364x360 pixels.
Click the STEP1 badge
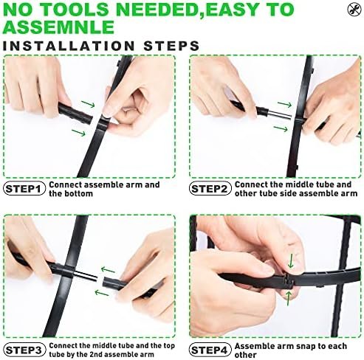24,189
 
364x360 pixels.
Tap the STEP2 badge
210,189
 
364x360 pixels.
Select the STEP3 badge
24,350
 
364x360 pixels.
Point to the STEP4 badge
210,350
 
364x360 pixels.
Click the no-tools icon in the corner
354,10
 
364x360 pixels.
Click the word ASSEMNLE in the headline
58,27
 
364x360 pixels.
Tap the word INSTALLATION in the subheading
69,46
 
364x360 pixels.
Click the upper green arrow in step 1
88,104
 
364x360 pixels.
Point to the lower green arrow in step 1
78,133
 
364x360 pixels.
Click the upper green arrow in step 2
284,104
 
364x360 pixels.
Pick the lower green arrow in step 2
281,128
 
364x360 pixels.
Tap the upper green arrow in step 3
108,270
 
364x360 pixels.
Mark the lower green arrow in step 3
102,293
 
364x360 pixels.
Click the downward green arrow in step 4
291,261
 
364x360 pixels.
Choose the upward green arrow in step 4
289,298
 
